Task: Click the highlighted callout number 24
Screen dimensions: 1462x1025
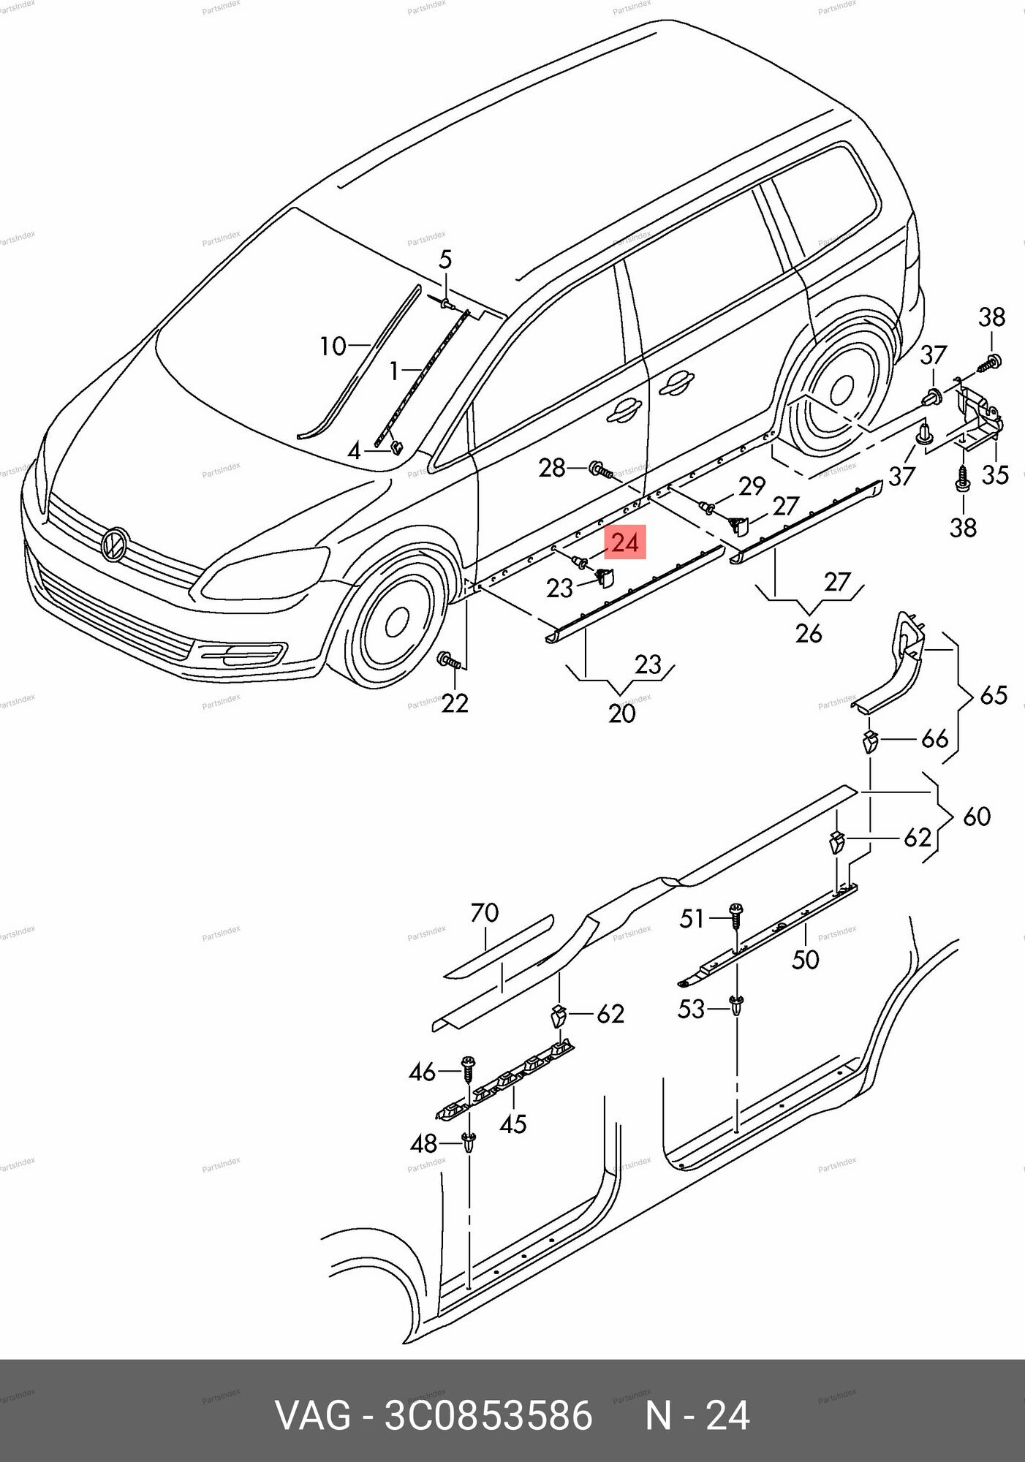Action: point(624,542)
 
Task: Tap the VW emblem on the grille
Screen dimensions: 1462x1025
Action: point(115,545)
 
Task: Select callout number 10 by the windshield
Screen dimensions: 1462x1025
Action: point(333,346)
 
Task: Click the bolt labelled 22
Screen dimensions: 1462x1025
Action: point(448,661)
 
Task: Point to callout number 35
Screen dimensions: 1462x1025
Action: point(995,474)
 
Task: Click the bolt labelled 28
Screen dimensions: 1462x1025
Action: point(599,468)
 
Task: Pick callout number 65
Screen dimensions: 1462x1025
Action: point(994,694)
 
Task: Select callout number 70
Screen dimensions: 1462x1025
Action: point(485,913)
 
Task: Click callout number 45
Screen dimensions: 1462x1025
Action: point(512,1124)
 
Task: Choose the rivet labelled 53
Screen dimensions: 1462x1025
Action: point(737,1006)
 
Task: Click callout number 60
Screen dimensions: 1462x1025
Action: point(977,816)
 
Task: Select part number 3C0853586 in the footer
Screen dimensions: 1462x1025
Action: point(488,1416)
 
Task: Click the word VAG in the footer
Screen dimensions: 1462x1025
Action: point(312,1416)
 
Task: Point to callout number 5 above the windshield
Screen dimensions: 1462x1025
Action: point(445,259)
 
